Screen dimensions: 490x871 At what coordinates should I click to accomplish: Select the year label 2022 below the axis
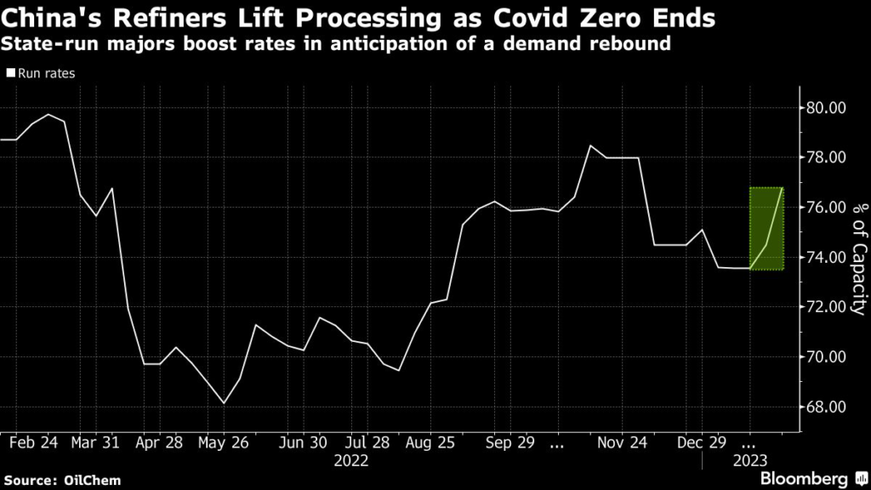point(350,460)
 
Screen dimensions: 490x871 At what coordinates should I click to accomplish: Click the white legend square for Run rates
point(10,74)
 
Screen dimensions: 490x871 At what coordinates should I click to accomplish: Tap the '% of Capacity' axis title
point(859,258)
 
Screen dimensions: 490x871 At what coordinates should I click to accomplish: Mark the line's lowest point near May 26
point(224,403)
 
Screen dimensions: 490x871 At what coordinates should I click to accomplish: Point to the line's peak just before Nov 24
point(589,145)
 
